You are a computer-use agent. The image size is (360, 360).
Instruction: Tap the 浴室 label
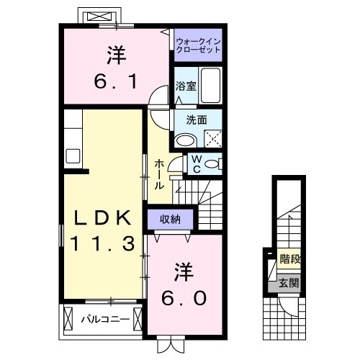186,86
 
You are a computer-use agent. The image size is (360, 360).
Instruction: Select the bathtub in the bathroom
210,86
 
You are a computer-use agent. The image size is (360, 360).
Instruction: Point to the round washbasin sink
186,140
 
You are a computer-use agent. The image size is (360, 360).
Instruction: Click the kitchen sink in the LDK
73,155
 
